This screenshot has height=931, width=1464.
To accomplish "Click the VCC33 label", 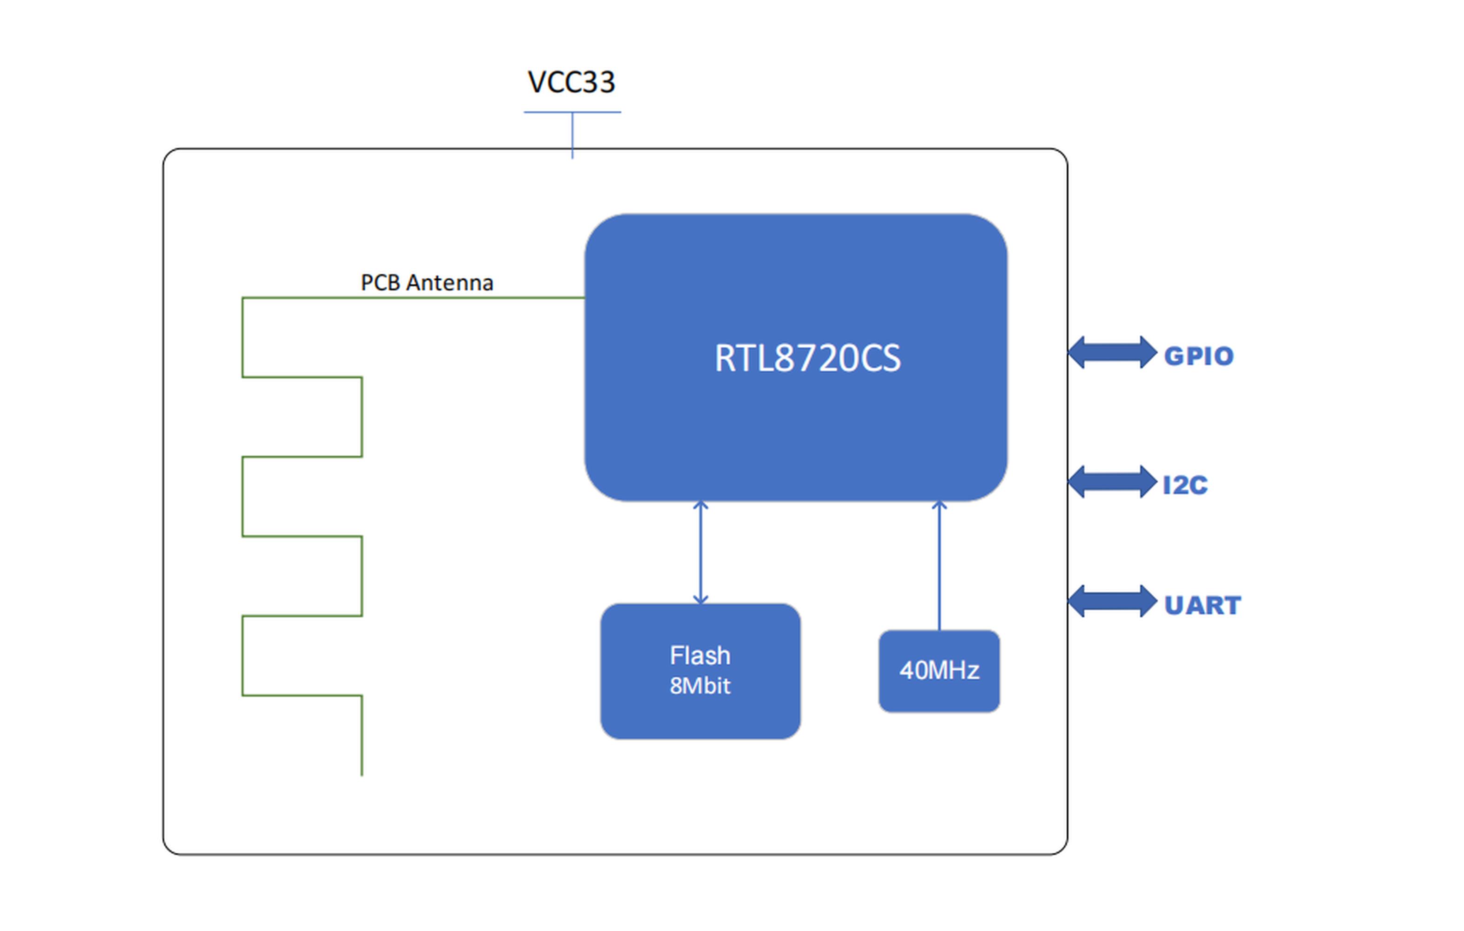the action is coord(571,82).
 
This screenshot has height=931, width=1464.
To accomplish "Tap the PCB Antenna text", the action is coord(427,283).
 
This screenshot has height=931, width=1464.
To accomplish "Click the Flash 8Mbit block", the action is coord(700,671).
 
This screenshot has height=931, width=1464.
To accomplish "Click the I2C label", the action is coord(1185,485).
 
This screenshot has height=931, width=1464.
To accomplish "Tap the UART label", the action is coord(1202,605).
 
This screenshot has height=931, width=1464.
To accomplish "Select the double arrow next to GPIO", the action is coord(1113,352).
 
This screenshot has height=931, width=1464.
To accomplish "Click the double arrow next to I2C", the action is coord(1113,482).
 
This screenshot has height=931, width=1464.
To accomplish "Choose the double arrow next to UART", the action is coord(1113,601).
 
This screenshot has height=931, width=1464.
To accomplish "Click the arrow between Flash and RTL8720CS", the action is coord(700,552).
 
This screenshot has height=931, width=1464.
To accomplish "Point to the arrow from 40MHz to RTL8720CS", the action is coord(940,566).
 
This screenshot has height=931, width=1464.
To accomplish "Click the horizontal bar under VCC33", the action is coord(572,112).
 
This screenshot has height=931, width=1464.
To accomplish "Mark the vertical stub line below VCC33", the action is coord(572,135).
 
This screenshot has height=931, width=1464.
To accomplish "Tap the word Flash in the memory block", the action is coord(700,655).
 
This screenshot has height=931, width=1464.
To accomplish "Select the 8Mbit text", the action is coord(700,686).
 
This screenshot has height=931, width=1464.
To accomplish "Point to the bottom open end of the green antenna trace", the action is coord(362,776).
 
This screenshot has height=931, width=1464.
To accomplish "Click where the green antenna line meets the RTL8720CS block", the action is coord(585,297).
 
